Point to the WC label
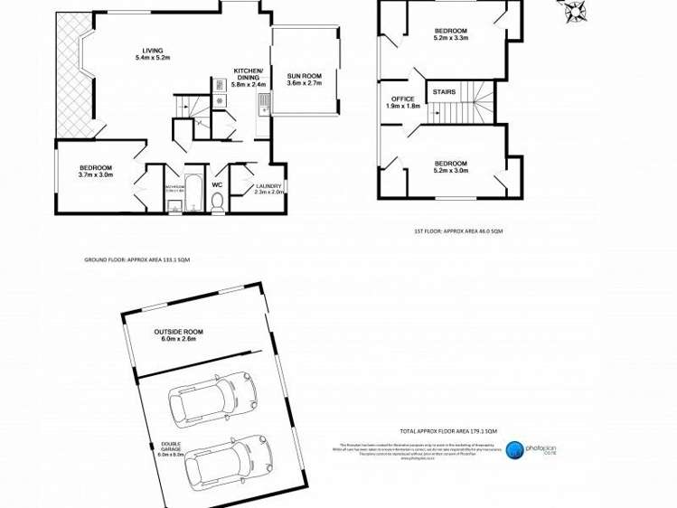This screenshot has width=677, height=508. pyautogui.click(x=217, y=185)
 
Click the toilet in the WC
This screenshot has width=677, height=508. pyautogui.click(x=217, y=204)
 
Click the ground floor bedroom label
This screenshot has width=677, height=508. pyautogui.click(x=95, y=168)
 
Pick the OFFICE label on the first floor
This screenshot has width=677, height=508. pyautogui.click(x=402, y=99)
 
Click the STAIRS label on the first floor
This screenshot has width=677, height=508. pyautogui.click(x=444, y=91)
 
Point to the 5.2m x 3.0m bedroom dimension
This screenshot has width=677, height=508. pyautogui.click(x=450, y=171)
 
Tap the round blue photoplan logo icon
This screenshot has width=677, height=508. pyautogui.click(x=515, y=449)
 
